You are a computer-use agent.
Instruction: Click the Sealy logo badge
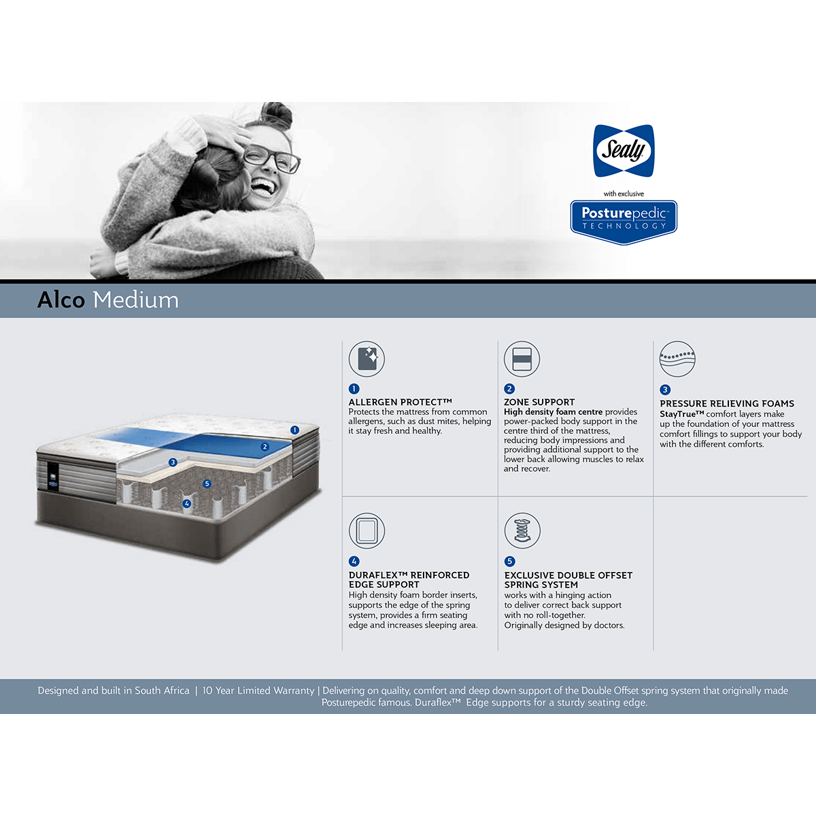coord(624,151)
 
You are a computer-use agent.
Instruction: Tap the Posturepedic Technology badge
coord(624,222)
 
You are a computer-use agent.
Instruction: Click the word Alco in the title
coord(61,300)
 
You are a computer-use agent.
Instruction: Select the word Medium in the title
coord(136,300)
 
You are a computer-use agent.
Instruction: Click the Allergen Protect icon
coord(367,359)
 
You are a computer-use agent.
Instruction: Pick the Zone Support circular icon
coord(522,359)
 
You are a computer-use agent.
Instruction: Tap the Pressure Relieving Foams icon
coord(677,359)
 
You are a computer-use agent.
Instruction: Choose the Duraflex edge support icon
coord(367,531)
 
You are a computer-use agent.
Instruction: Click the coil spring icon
coord(522,531)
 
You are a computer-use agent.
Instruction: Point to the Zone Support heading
coord(539,402)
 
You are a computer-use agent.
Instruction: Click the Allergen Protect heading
coord(400,402)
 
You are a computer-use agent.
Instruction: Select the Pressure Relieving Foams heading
coord(727,403)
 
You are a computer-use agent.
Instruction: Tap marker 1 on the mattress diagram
coord(294,430)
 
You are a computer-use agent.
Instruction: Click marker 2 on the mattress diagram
coord(265,447)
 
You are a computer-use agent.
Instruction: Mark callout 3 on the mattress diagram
coord(173,462)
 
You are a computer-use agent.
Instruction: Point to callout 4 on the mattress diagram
coord(187,503)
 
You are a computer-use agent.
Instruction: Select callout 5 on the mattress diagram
coord(207,483)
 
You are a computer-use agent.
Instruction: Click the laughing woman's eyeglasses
coord(272,158)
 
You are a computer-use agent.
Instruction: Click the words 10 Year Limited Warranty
coord(258,691)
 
